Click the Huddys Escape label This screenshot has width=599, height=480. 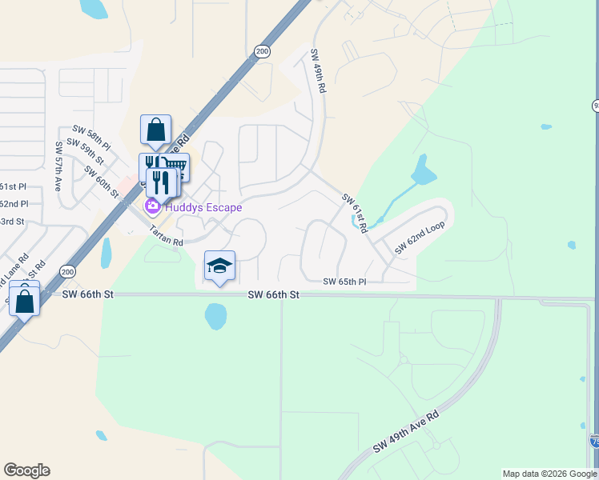pyautogui.click(x=203, y=207)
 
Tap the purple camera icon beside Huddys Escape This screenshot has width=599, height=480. pyautogui.click(x=152, y=207)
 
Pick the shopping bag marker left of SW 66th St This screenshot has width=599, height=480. pyautogui.click(x=25, y=302)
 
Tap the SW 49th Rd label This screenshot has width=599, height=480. pyautogui.click(x=318, y=70)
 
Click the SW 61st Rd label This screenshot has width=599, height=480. pyautogui.click(x=355, y=213)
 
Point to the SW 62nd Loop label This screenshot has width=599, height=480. pyautogui.click(x=419, y=238)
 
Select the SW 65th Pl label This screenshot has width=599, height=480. pyautogui.click(x=344, y=282)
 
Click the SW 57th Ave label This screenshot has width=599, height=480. pyautogui.click(x=58, y=166)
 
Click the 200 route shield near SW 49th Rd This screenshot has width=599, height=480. pyautogui.click(x=262, y=50)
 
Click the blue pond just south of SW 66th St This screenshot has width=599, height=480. pyautogui.click(x=216, y=316)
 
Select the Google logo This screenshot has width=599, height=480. pyautogui.click(x=26, y=470)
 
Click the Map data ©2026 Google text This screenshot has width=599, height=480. pyautogui.click(x=549, y=474)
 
